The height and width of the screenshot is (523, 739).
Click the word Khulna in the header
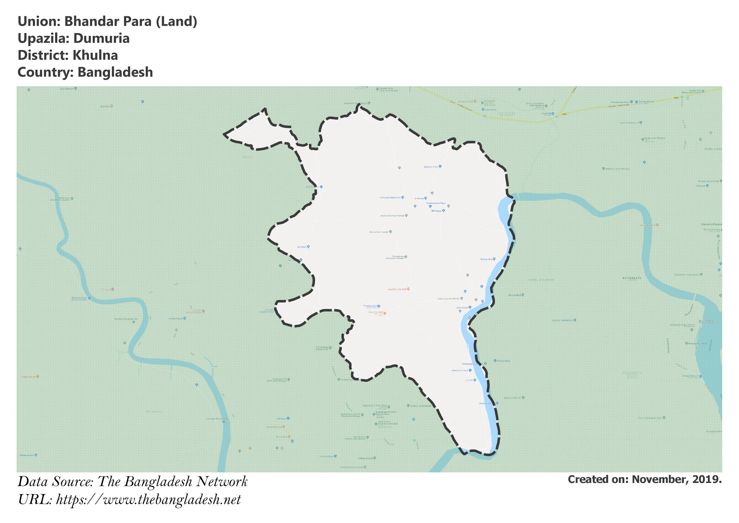(x=95, y=55)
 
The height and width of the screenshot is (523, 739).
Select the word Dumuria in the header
(x=101, y=38)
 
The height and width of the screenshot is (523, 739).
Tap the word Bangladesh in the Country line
(x=115, y=72)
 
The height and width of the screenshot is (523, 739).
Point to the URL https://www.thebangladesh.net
(x=148, y=500)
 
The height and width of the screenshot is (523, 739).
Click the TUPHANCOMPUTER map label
(x=390, y=198)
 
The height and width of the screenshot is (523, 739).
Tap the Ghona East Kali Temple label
(x=393, y=216)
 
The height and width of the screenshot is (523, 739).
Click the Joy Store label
(x=301, y=247)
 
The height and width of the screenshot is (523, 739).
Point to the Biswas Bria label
(x=486, y=259)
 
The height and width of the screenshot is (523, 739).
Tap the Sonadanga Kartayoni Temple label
(x=395, y=257)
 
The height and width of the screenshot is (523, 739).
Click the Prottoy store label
(x=370, y=306)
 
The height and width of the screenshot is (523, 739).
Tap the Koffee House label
(x=175, y=319)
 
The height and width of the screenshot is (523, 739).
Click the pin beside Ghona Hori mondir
(x=390, y=232)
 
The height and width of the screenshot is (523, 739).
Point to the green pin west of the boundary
(x=280, y=266)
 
